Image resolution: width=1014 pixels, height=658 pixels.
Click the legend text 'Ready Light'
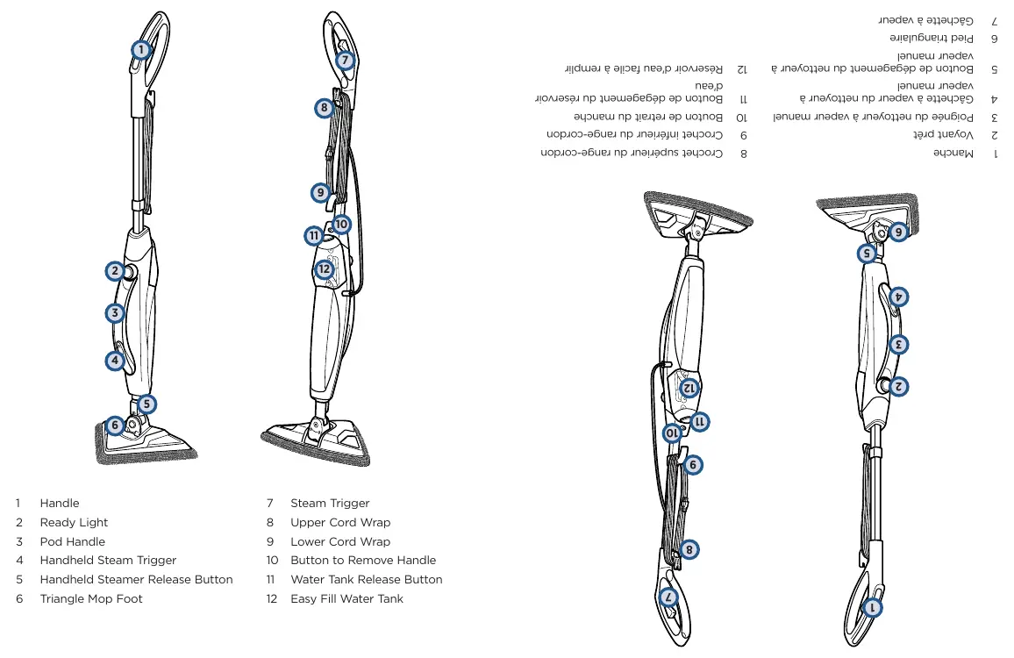coord(74,522)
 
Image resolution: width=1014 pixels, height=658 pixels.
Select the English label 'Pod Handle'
coord(73,541)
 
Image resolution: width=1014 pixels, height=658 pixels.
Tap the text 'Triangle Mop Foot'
coord(91,598)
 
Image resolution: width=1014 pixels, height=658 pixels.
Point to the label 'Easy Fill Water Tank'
coord(346,598)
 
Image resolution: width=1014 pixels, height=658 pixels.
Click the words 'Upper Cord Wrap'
coord(340,522)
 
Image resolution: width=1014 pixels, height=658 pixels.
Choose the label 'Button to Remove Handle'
coord(363,561)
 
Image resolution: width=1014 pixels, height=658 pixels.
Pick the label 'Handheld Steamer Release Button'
coord(137,579)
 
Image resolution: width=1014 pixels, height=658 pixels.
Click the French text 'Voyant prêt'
coord(943,134)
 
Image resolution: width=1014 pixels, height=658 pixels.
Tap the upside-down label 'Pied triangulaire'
coord(932,39)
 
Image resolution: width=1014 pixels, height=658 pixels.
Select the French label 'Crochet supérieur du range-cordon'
coord(632,153)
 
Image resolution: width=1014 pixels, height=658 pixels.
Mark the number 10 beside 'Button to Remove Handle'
coord(272,561)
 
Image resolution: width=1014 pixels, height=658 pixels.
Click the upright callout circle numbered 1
coord(141,50)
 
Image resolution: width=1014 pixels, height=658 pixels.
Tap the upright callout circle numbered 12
coord(324,269)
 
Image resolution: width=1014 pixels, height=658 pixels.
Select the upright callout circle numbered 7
coord(346,61)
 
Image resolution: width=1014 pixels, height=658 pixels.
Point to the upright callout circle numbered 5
coord(146,404)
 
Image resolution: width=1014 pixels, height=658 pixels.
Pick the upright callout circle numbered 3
coord(115,313)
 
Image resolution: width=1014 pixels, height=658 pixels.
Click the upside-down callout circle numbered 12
coord(689,388)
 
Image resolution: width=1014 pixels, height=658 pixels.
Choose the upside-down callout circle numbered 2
coord(898,387)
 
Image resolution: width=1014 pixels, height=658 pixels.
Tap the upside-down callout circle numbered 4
coord(898,297)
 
